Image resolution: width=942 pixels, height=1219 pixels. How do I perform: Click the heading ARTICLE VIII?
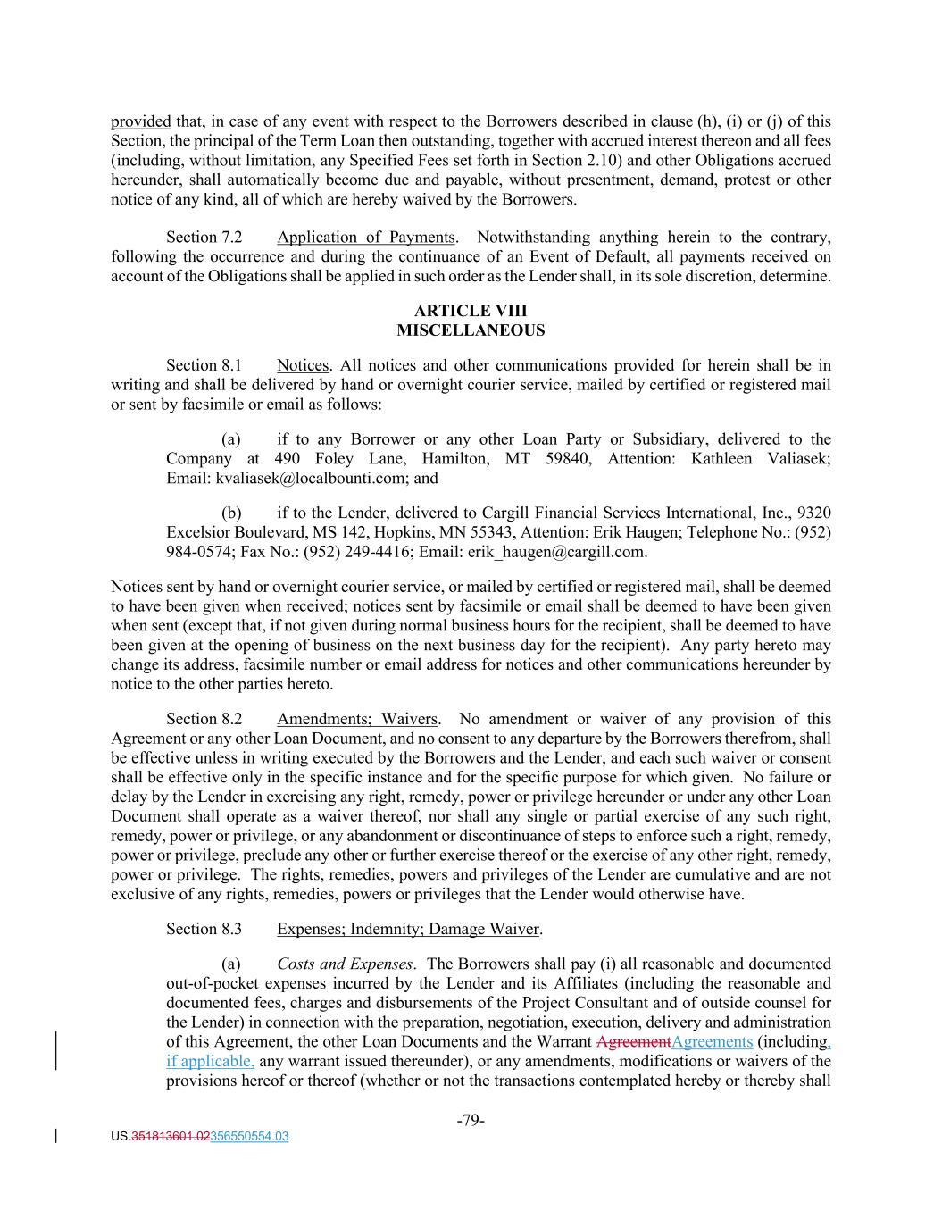coord(471,311)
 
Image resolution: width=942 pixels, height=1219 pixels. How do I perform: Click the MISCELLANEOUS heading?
coord(471,330)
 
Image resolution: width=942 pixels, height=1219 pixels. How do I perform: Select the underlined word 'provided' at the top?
coord(140,121)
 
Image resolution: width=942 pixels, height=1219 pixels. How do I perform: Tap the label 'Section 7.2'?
coord(204,238)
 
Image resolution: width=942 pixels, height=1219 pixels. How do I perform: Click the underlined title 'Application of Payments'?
coord(365,238)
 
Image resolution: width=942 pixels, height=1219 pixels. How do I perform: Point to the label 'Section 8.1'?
coord(204,365)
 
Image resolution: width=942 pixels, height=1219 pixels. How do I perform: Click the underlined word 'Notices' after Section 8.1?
coord(303,365)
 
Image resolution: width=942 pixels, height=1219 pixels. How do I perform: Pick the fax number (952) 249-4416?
coord(357,552)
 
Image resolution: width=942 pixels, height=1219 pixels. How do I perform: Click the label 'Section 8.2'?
coord(204,719)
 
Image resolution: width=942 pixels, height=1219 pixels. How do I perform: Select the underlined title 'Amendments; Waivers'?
coord(357,719)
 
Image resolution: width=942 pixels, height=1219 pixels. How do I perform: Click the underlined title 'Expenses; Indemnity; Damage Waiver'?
coord(408,929)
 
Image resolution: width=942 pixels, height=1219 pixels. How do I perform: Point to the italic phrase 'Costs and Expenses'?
coord(345,964)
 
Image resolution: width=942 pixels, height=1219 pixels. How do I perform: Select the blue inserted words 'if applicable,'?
coord(211,1062)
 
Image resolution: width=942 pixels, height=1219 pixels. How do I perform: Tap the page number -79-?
coord(471,1121)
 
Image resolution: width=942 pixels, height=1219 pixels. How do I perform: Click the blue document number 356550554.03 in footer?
coord(249,1137)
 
